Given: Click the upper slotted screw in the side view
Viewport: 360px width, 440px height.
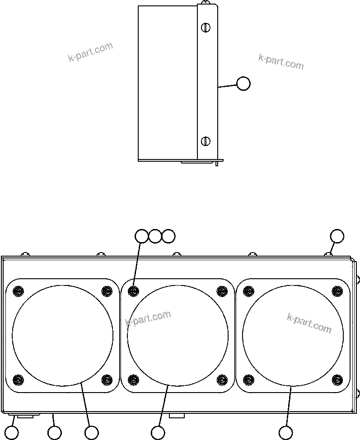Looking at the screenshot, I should click(206, 28).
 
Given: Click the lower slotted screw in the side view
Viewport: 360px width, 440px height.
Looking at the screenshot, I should click(206, 141).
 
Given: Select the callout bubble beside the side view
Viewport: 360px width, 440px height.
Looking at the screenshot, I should click(243, 84).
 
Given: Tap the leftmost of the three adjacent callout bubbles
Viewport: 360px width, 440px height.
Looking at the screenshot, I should click(142, 236).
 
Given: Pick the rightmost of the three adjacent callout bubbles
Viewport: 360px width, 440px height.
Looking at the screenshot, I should click(168, 236).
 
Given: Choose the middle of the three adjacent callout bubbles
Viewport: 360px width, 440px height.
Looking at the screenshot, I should click(155, 236).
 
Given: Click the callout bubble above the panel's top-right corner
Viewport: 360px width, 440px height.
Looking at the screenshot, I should click(337, 236).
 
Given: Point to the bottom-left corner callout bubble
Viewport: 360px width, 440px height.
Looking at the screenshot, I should click(12, 433).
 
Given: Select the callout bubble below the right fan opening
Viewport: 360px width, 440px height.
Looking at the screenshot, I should click(285, 433).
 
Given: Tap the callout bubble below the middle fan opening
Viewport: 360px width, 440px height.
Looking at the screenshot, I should click(158, 433).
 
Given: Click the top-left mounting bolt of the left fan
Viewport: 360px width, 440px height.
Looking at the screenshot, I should click(18, 291).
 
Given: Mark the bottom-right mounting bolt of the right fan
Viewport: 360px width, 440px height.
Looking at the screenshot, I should click(337, 379).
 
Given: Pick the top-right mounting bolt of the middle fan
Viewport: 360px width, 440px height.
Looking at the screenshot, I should click(222, 291).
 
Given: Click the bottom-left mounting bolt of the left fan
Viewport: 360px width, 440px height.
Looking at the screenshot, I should click(18, 379).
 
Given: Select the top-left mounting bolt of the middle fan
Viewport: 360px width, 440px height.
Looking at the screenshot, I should click(133, 291).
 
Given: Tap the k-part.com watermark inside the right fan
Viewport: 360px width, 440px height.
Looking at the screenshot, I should click(309, 323).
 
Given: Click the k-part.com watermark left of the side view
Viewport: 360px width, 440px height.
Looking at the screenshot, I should click(90, 52).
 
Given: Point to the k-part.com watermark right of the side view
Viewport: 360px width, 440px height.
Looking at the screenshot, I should click(281, 62).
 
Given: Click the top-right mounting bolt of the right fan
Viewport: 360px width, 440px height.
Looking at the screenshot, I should click(337, 291).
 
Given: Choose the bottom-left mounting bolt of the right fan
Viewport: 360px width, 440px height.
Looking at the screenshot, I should click(248, 379).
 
